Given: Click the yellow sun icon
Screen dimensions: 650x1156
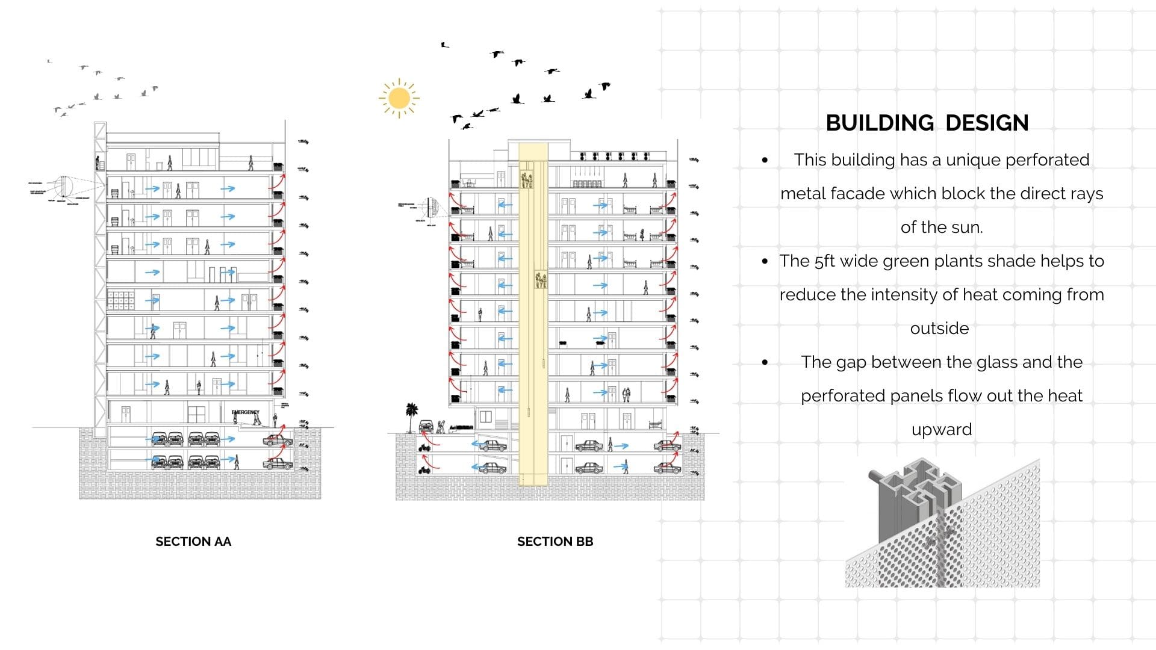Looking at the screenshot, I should pos(399,97).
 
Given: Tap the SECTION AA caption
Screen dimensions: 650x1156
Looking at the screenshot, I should pos(193,542).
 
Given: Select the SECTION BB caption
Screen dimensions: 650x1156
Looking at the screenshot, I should pos(555,542).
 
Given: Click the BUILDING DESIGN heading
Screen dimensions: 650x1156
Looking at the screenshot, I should pos(927,123).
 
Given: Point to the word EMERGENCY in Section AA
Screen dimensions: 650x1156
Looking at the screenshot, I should pos(245,412).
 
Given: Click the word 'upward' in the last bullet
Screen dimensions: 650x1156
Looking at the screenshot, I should pos(942,430).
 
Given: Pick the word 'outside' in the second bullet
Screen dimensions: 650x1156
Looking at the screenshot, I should pos(939,329).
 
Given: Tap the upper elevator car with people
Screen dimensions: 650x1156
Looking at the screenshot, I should pos(527,179).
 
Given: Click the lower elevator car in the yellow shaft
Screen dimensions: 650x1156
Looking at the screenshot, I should pos(541,280).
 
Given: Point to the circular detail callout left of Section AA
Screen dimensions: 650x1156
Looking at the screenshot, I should pos(63,186).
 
